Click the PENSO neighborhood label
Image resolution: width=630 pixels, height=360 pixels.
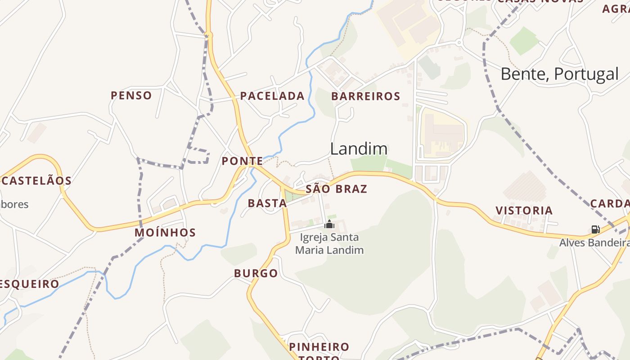coord(131,95)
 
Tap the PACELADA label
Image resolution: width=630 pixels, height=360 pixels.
coord(272,96)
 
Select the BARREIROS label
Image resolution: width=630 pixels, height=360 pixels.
coord(365,96)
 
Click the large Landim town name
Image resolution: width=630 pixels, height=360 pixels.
coord(359,149)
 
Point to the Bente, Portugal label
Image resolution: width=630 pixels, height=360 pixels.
coord(559,74)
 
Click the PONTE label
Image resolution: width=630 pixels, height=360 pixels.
coord(242,161)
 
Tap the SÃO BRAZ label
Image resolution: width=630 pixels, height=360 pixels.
coord(336,189)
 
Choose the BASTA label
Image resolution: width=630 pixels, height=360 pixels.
coord(267,203)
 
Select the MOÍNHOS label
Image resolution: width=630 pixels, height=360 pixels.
coord(165,233)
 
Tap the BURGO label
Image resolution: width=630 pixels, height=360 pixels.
coord(256,273)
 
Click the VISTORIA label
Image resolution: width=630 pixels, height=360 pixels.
coord(524,211)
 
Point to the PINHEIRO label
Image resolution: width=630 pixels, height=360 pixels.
coord(319,347)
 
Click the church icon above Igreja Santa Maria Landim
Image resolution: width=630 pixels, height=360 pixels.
coord(329,225)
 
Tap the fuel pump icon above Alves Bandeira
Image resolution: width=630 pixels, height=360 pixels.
coord(595,229)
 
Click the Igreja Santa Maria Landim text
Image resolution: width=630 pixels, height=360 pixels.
coord(329,243)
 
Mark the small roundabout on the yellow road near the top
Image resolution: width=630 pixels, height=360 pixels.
coord(208,34)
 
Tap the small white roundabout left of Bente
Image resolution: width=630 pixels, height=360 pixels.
coord(459,43)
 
